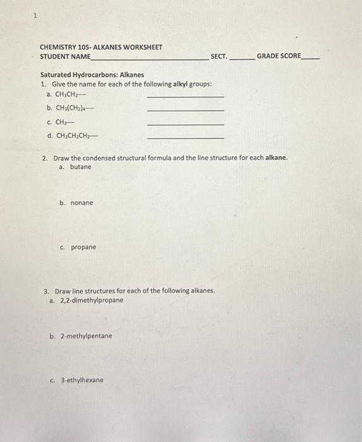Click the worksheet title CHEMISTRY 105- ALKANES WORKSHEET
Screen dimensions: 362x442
pyautogui.click(x=101, y=47)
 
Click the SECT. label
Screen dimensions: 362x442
pyautogui.click(x=218, y=56)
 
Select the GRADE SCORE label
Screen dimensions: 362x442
pyautogui.click(x=279, y=56)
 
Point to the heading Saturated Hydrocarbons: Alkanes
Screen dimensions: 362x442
pyautogui.click(x=92, y=75)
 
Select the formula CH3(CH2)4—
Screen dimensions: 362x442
pyautogui.click(x=75, y=108)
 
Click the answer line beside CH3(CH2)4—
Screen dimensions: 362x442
pyautogui.click(x=185, y=110)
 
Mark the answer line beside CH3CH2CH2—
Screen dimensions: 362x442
pyautogui.click(x=185, y=138)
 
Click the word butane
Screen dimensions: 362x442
pyautogui.click(x=80, y=167)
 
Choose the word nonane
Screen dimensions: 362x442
pyautogui.click(x=82, y=203)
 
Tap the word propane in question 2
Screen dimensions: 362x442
pyautogui.click(x=84, y=247)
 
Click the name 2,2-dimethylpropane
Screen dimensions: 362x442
pyautogui.click(x=91, y=300)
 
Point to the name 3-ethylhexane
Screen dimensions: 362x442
pyautogui.click(x=82, y=380)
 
